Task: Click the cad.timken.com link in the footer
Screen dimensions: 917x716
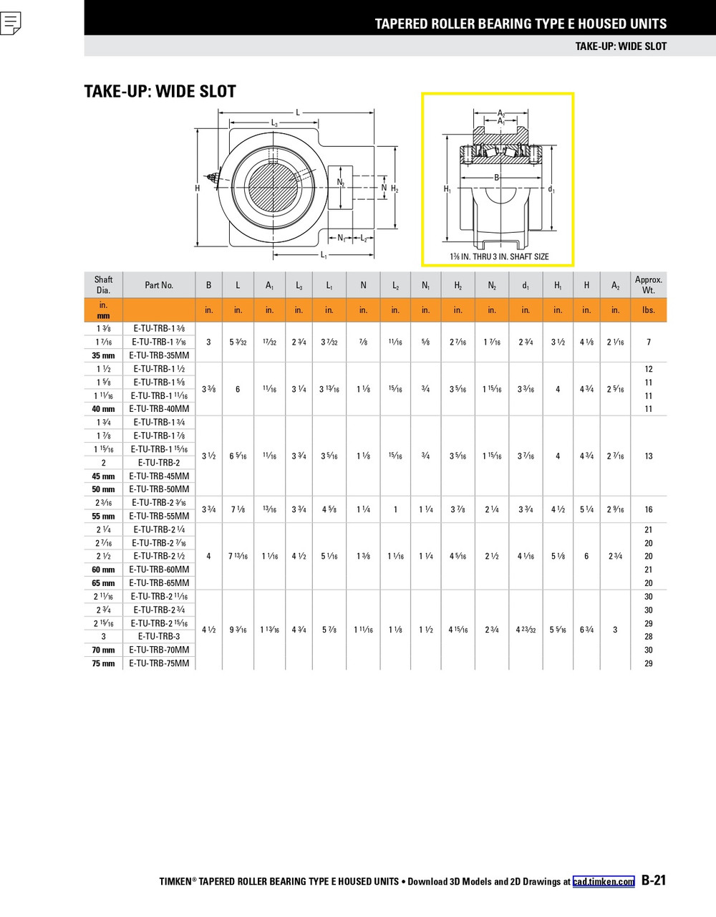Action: coord(604,882)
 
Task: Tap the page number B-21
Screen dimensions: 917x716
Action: coord(654,881)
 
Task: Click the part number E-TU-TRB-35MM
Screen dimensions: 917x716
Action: coord(159,355)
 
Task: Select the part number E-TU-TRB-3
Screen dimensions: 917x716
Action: coord(159,636)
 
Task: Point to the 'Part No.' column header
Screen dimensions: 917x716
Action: coord(159,285)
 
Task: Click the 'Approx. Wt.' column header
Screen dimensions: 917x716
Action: coord(649,285)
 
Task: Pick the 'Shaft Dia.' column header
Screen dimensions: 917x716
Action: coord(104,285)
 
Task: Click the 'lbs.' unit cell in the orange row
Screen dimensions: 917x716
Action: coord(649,310)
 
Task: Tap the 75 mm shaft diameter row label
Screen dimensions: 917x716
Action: coord(104,663)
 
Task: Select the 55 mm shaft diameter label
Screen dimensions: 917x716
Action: coord(104,516)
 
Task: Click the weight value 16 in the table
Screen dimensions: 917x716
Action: coord(649,509)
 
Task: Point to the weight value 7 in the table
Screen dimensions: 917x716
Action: coord(649,342)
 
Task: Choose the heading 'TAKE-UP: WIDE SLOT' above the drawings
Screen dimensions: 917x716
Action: coord(160,92)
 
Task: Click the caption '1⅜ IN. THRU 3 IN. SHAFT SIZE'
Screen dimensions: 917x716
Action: coord(499,256)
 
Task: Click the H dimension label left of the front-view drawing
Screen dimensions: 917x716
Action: coord(198,188)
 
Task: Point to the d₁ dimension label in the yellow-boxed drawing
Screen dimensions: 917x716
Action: coord(551,190)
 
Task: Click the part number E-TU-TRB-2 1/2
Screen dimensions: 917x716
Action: coord(159,557)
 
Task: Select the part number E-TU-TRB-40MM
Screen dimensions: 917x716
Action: coord(159,409)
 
